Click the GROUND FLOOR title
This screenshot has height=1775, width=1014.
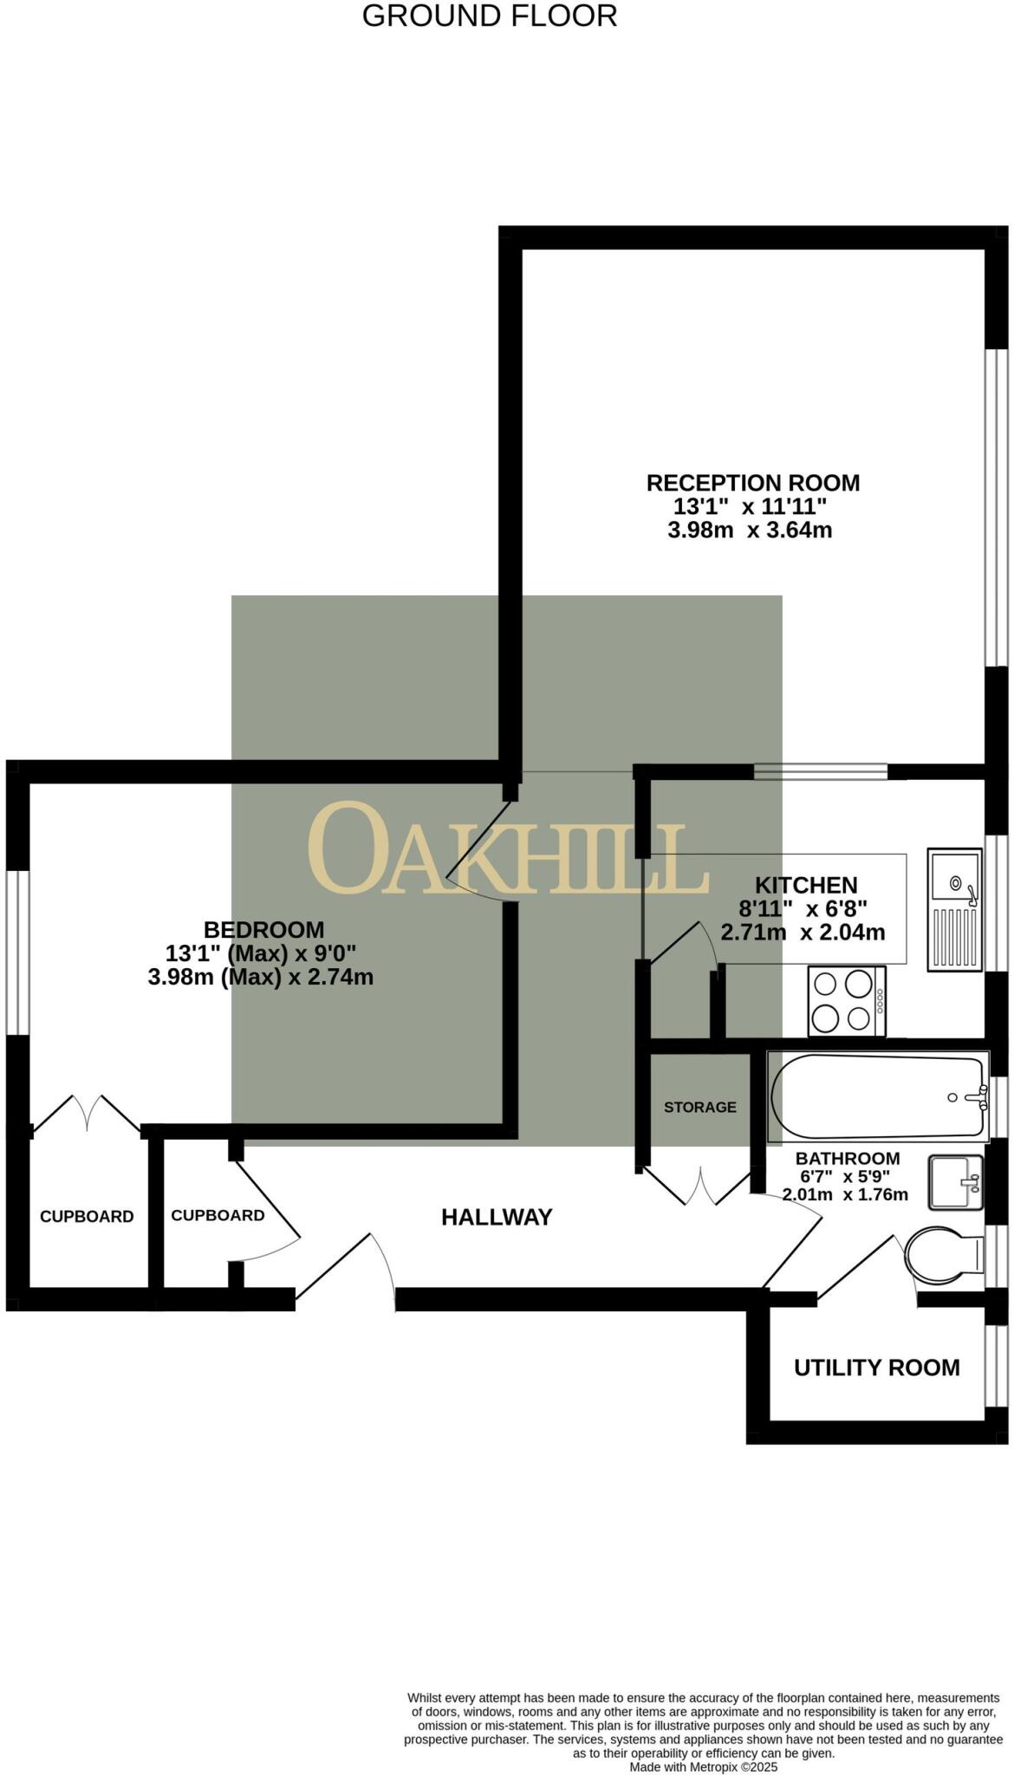(x=489, y=16)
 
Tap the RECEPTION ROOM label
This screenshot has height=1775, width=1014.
(x=752, y=483)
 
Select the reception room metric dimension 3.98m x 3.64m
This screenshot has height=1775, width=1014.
(x=750, y=530)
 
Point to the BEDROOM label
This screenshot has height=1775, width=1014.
(x=263, y=930)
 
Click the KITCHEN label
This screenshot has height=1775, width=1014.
(x=806, y=885)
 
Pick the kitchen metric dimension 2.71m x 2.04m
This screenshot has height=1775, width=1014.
(x=803, y=933)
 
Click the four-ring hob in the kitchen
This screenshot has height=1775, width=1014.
(x=847, y=1000)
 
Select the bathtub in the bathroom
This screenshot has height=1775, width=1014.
(x=878, y=1097)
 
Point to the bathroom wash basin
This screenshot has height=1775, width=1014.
(x=956, y=1181)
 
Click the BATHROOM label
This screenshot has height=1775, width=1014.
(x=847, y=1158)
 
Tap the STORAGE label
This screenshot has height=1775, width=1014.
(x=699, y=1107)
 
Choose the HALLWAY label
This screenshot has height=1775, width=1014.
(x=497, y=1217)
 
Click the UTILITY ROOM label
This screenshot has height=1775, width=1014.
(x=876, y=1367)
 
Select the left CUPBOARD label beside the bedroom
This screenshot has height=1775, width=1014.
(x=87, y=1216)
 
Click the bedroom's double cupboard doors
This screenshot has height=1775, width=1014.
(x=88, y=1114)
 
